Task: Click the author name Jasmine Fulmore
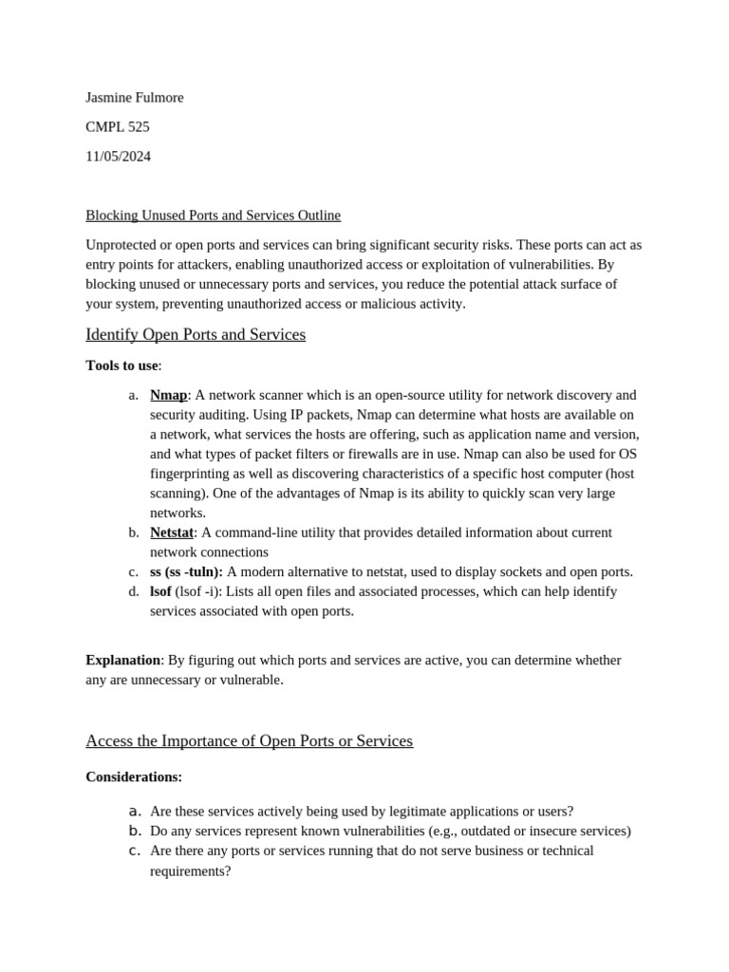(x=134, y=98)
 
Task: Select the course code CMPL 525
(x=117, y=127)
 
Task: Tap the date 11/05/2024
(x=118, y=157)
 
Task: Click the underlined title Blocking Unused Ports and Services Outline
(x=213, y=215)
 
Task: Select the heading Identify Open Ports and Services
(x=196, y=334)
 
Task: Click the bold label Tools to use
(x=121, y=365)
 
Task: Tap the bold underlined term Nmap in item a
(x=168, y=395)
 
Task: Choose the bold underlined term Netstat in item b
(x=172, y=533)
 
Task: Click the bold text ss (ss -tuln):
(x=186, y=571)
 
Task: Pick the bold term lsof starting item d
(x=160, y=591)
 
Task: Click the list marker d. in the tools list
(x=134, y=591)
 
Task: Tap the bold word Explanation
(x=122, y=660)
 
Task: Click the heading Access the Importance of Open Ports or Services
(x=249, y=740)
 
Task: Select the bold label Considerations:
(x=134, y=776)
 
